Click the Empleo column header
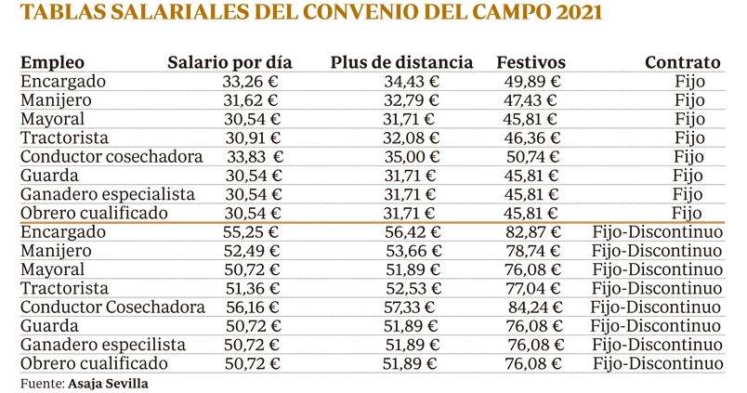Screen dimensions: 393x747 tap(52, 63)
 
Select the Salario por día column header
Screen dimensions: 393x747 tap(229, 63)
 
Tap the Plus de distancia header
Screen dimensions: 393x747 tap(401, 63)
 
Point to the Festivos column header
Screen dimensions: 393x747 tap(531, 63)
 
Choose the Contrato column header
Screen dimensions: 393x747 tap(682, 63)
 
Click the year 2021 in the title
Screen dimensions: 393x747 tap(573, 14)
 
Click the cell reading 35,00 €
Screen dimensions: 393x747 tap(412, 157)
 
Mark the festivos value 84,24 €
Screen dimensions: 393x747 tap(533, 308)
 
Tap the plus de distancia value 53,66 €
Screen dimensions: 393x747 tap(412, 251)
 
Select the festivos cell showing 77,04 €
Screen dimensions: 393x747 tap(531, 289)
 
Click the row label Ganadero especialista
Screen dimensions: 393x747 tap(107, 194)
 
